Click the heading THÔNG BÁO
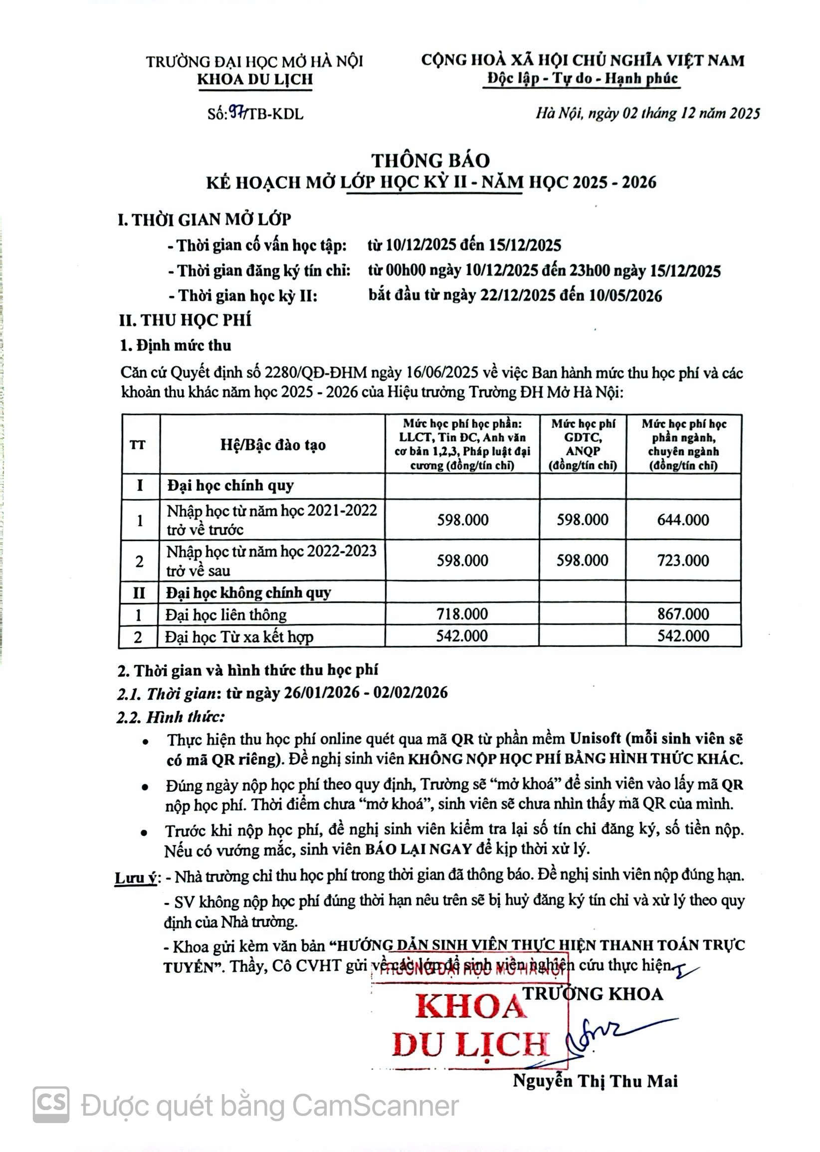(431, 160)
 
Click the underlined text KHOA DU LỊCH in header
(255, 79)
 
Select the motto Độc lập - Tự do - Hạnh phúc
(582, 78)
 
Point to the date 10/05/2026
(625, 295)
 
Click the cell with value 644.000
(683, 520)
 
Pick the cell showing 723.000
(683, 561)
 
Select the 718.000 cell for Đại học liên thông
(462, 614)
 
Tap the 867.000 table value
(683, 614)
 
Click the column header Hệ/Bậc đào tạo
(273, 445)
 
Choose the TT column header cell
(138, 445)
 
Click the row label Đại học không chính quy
(248, 592)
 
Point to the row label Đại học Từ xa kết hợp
(239, 636)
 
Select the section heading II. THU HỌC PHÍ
(185, 320)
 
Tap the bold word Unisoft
(596, 738)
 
